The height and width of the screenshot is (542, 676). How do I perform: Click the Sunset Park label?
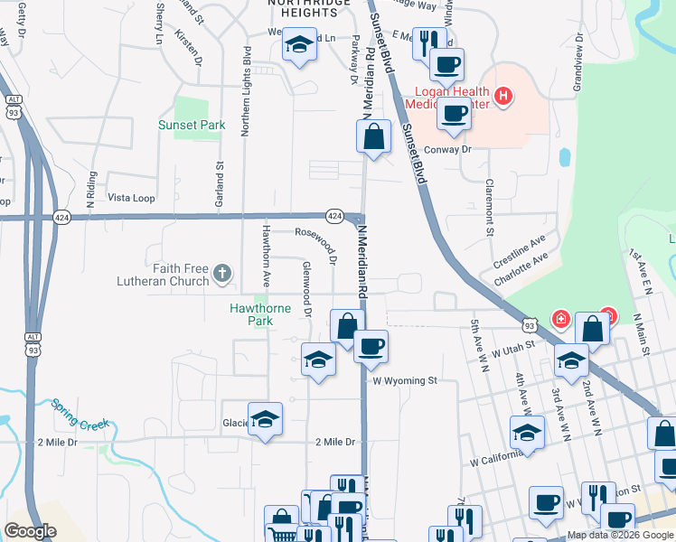(x=191, y=125)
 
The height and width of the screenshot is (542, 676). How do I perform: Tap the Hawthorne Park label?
(x=260, y=314)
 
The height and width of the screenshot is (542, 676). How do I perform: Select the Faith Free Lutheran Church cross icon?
(x=223, y=272)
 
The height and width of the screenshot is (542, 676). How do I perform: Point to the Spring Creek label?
(x=80, y=415)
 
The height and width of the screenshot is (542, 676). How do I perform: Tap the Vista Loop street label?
(x=132, y=198)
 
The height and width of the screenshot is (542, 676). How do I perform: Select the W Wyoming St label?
(x=405, y=381)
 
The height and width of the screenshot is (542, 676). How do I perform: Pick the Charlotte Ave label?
(x=521, y=270)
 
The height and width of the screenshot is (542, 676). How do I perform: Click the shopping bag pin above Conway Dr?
(x=373, y=137)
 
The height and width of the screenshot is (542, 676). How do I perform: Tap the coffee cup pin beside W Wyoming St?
(x=370, y=346)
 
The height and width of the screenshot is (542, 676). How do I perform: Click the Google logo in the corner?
(x=30, y=531)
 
